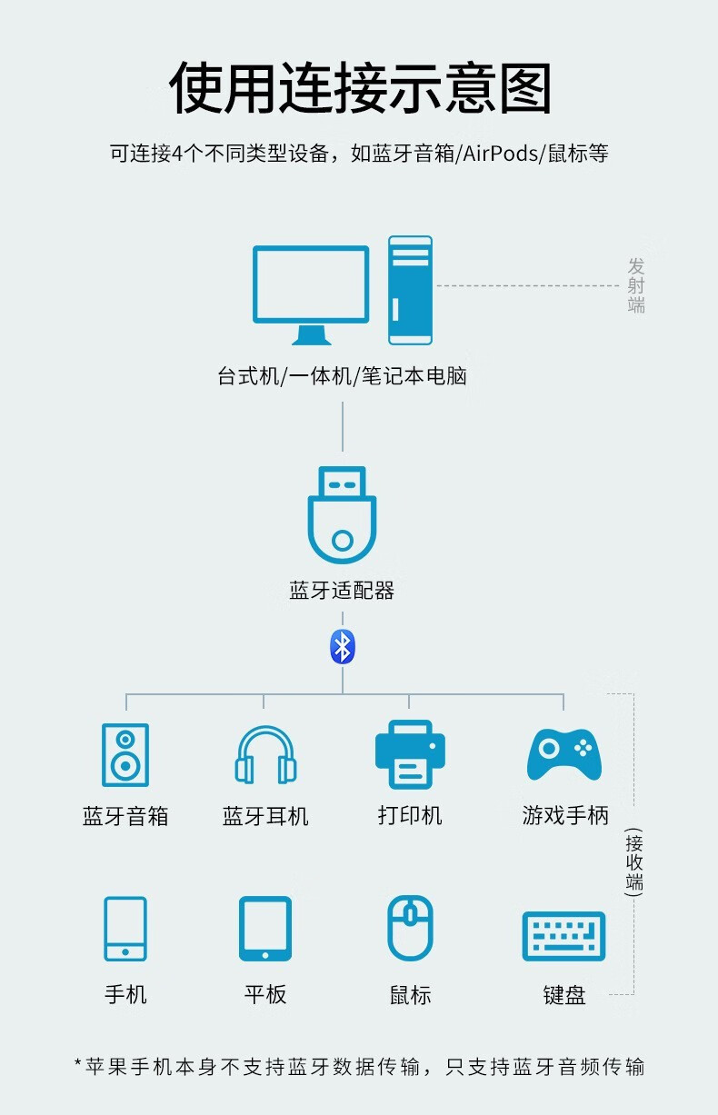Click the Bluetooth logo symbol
(343, 647)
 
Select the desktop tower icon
(410, 290)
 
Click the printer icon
(410, 753)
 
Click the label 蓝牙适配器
(342, 591)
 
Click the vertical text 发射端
(636, 285)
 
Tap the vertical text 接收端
(633, 862)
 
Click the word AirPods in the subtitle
(501, 154)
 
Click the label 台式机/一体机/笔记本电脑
(342, 376)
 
